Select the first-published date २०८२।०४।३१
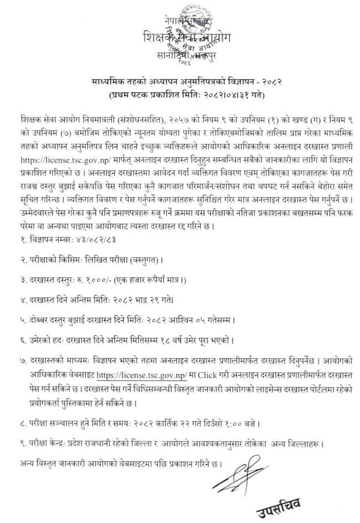tap(220, 95)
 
